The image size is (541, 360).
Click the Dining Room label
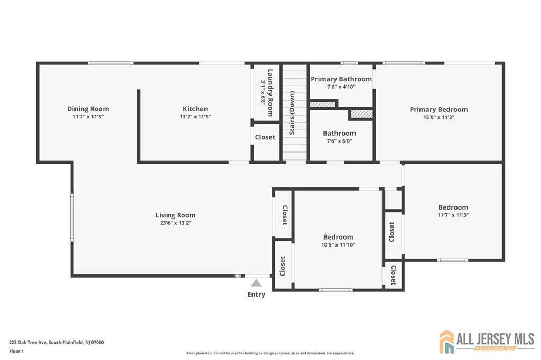click(x=88, y=109)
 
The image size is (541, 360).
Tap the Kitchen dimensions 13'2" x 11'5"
click(x=195, y=117)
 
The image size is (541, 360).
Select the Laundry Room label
click(x=270, y=93)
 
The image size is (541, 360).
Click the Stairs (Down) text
click(x=292, y=113)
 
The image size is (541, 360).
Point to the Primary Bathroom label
click(x=341, y=79)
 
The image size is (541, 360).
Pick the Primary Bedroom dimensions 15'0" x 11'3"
click(x=439, y=117)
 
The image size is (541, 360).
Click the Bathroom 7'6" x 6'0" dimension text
click(x=340, y=141)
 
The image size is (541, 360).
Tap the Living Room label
click(x=175, y=215)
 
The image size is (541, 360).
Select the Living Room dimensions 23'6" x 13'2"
click(x=175, y=223)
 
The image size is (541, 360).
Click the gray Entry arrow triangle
click(x=256, y=283)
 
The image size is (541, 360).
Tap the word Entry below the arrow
click(x=256, y=295)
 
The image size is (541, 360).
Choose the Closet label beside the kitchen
click(x=265, y=137)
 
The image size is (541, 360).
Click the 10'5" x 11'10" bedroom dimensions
click(x=338, y=245)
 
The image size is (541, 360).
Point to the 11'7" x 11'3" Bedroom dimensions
click(x=453, y=215)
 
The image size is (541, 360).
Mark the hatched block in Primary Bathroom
click(x=322, y=104)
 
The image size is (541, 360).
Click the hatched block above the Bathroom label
click(x=362, y=114)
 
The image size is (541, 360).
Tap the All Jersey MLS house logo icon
click(x=447, y=342)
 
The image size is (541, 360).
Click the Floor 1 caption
click(x=16, y=352)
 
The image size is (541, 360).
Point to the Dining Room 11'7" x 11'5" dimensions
click(x=88, y=117)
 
